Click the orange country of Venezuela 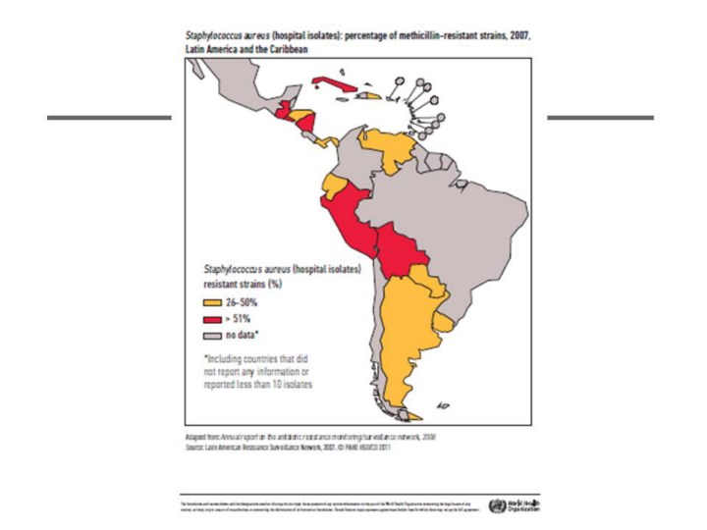coord(393,147)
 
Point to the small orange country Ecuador coord(332,186)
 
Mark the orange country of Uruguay coord(444,323)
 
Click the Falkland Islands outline coord(444,403)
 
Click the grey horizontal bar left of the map coord(108,118)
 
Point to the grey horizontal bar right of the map coord(599,118)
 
